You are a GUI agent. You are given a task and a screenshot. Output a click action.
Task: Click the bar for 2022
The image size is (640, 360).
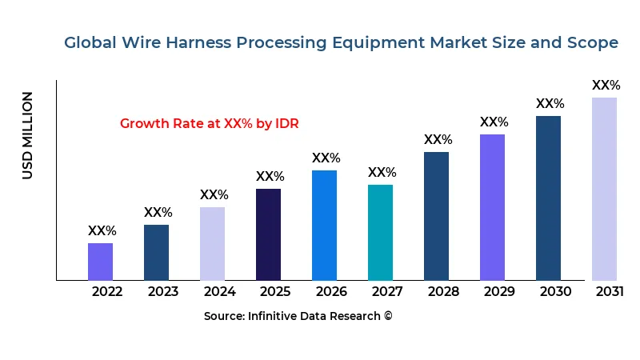(x=100, y=262)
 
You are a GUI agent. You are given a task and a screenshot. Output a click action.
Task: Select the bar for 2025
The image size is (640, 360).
(x=268, y=234)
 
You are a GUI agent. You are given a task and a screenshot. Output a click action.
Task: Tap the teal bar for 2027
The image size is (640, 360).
(x=380, y=232)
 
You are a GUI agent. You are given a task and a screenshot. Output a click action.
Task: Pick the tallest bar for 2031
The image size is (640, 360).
(x=604, y=189)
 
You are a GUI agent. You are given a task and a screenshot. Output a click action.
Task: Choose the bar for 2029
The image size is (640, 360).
(x=492, y=207)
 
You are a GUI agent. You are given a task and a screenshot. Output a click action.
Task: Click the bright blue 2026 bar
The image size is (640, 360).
(x=324, y=225)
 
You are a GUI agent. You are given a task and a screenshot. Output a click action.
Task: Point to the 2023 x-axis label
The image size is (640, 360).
(x=163, y=291)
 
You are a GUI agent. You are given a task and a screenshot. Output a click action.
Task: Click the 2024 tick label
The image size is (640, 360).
(x=219, y=291)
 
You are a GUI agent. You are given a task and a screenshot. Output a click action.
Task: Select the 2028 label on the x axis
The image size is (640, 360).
(x=443, y=291)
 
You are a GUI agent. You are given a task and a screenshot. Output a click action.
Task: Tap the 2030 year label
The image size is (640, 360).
(x=555, y=291)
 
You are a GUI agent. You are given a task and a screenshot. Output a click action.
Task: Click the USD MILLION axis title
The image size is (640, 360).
(x=28, y=135)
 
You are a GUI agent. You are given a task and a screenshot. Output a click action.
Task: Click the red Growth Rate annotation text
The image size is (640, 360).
(x=210, y=124)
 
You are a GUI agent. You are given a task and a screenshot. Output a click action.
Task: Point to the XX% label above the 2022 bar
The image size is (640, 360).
(x=102, y=230)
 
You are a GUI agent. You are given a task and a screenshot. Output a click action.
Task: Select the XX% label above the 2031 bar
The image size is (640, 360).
(x=606, y=85)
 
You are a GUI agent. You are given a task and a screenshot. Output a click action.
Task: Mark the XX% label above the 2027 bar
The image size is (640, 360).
(x=382, y=172)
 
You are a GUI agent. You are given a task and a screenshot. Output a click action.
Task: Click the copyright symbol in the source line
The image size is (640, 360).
(x=388, y=316)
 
